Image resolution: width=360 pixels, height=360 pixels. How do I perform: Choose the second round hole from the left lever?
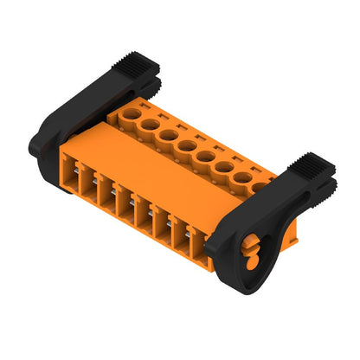point(149,124)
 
